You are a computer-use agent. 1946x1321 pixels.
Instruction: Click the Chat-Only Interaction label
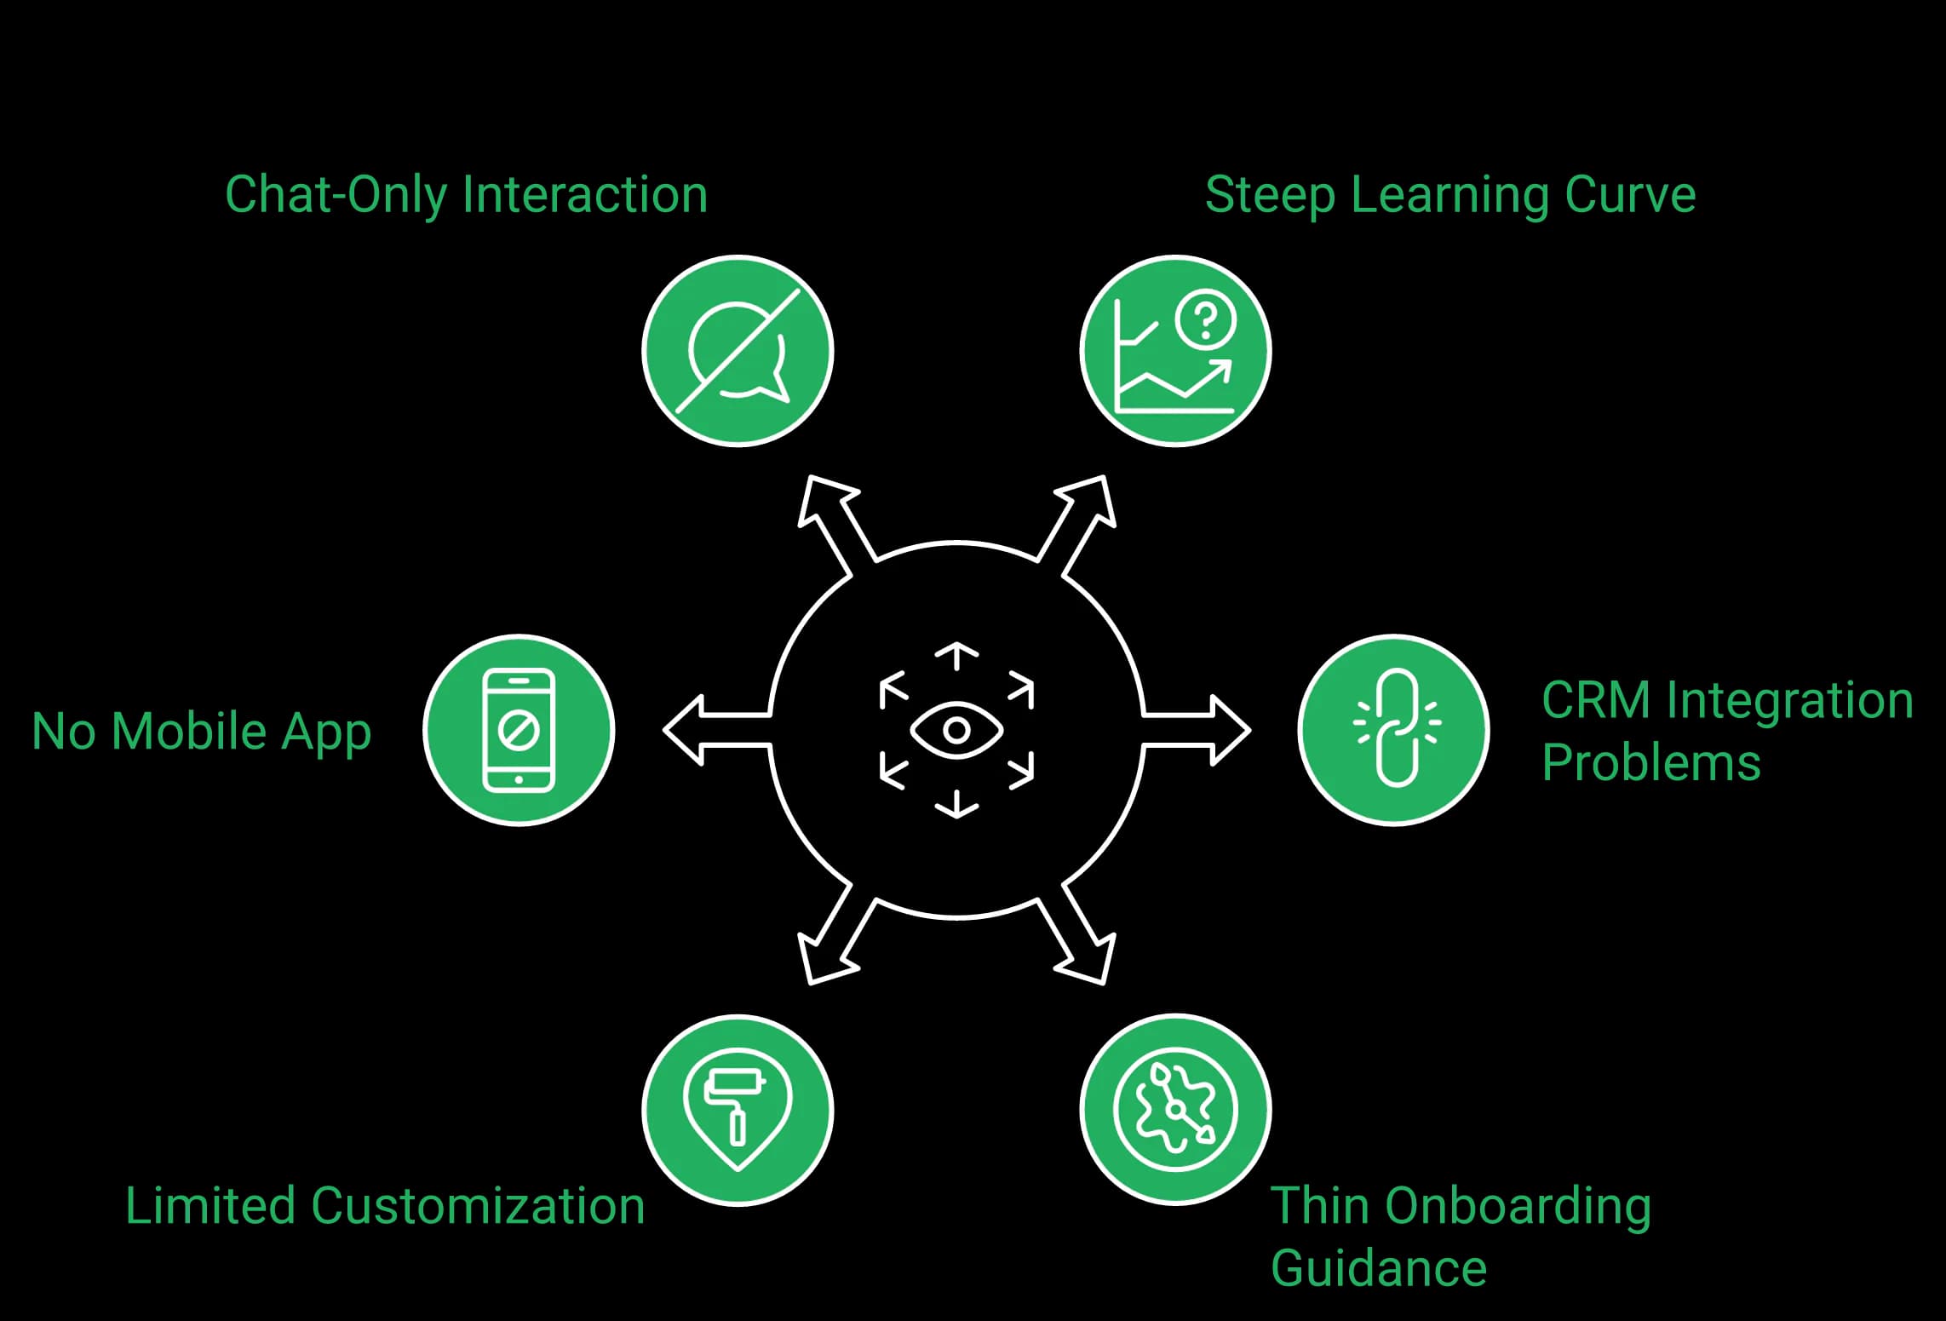(x=466, y=195)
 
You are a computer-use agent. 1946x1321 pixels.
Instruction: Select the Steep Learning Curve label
(x=1450, y=195)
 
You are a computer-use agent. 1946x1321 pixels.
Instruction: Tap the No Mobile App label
(x=201, y=732)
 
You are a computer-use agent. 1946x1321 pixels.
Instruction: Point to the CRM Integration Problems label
(x=1727, y=731)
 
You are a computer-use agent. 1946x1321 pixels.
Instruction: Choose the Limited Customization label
(x=385, y=1206)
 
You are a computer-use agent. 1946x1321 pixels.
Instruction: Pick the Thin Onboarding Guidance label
(x=1461, y=1237)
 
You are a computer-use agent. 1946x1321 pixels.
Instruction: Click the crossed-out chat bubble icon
(x=738, y=351)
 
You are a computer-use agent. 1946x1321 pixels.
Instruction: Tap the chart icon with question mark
(x=1175, y=351)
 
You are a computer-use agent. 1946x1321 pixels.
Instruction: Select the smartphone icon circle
(x=519, y=730)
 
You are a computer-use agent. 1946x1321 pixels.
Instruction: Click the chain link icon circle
(x=1394, y=730)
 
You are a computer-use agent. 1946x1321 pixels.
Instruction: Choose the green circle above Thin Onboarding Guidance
(x=1175, y=1110)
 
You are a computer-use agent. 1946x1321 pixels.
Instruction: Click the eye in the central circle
(x=956, y=730)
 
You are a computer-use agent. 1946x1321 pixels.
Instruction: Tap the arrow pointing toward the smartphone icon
(x=718, y=730)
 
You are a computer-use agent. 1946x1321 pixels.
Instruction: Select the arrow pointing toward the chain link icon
(x=1196, y=730)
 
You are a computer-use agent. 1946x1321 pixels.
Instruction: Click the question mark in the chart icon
(x=1205, y=319)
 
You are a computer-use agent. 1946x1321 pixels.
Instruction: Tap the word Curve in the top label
(x=1630, y=195)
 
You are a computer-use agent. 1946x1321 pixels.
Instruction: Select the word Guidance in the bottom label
(x=1379, y=1268)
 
